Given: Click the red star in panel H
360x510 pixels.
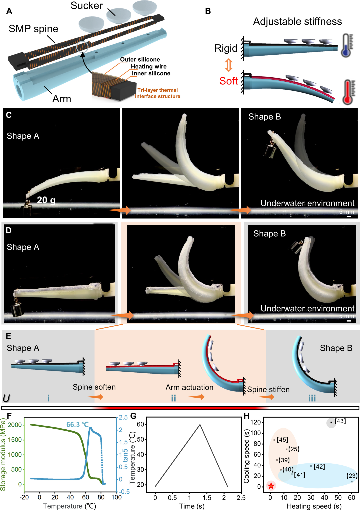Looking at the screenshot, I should (x=271, y=486).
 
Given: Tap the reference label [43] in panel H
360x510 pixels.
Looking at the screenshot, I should (x=340, y=421).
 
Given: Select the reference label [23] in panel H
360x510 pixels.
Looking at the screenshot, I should (x=352, y=476).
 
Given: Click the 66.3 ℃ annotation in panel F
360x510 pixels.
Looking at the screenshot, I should (x=77, y=424).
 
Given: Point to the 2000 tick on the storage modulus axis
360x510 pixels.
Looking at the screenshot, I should (x=15, y=425).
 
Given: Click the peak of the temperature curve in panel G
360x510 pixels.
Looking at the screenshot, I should (x=200, y=424).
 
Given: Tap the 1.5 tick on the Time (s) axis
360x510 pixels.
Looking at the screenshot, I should (x=207, y=498).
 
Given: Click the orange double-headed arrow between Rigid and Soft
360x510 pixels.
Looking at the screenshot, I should (x=229, y=65).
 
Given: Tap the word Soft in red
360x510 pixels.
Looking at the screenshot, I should (x=228, y=81).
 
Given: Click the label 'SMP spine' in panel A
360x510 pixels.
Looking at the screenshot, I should (x=33, y=29).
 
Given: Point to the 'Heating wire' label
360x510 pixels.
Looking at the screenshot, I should (x=149, y=66).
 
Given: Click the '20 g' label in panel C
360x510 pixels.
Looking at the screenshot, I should (x=46, y=200).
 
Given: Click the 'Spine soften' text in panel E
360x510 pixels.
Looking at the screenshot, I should (x=94, y=387).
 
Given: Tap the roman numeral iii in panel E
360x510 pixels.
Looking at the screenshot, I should (x=312, y=398).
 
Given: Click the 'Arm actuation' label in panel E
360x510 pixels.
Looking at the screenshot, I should (x=189, y=387).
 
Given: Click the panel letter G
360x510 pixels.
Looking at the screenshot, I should (x=133, y=416).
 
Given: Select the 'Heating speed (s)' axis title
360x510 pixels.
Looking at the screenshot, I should (x=314, y=506).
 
